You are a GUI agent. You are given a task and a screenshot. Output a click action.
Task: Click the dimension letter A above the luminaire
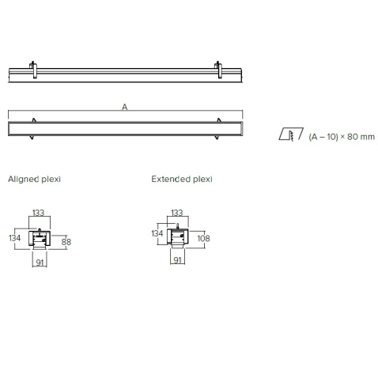(124, 107)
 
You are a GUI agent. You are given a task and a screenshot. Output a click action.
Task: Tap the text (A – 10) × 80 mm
(342, 137)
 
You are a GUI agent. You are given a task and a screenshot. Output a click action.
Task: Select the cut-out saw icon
(291, 134)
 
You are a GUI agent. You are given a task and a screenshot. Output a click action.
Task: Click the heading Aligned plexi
(34, 180)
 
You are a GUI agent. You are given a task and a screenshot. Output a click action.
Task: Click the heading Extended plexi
(182, 180)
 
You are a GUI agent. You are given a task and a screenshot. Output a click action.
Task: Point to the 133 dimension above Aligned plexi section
(38, 213)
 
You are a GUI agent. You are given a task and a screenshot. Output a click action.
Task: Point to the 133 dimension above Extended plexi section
(176, 213)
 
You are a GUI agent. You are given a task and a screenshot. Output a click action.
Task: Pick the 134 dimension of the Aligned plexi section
(14, 238)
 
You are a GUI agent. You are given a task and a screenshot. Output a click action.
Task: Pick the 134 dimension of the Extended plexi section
(157, 233)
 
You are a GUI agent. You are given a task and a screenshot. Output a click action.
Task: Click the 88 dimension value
(66, 242)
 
